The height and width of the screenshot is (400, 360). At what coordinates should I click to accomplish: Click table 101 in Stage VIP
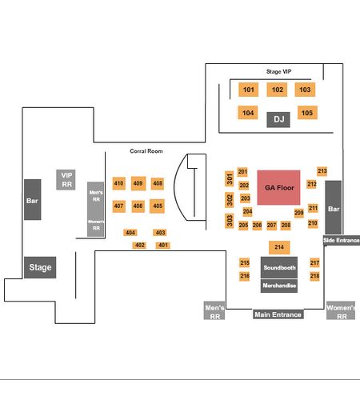[248, 90]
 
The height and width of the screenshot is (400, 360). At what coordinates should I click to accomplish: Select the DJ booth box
[278, 119]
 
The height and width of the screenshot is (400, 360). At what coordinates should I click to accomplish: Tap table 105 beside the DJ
[307, 113]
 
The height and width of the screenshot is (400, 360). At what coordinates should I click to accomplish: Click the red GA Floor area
[278, 188]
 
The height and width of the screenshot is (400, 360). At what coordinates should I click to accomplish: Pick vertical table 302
[230, 200]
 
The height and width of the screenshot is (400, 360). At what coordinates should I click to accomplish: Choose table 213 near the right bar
[322, 171]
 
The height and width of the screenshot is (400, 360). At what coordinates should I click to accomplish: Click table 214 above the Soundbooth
[279, 247]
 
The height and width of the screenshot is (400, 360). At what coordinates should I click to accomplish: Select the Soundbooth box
[279, 267]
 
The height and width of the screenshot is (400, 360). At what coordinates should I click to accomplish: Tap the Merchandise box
[279, 286]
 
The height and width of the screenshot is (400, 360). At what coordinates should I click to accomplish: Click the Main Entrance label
[278, 314]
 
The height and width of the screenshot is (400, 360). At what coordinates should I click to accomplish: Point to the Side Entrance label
[342, 240]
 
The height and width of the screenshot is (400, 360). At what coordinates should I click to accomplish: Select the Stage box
[40, 267]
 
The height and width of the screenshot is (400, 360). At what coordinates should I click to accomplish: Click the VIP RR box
[66, 180]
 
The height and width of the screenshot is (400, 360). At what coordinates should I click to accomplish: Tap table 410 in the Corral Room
[119, 183]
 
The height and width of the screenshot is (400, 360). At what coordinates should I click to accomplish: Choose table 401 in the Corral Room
[163, 246]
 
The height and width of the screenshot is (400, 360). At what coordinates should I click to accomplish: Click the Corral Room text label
[146, 151]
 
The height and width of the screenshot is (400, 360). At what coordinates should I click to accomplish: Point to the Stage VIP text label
[278, 71]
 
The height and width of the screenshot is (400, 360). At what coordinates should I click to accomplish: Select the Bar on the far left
[33, 200]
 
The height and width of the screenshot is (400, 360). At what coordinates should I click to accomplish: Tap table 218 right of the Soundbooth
[314, 276]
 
